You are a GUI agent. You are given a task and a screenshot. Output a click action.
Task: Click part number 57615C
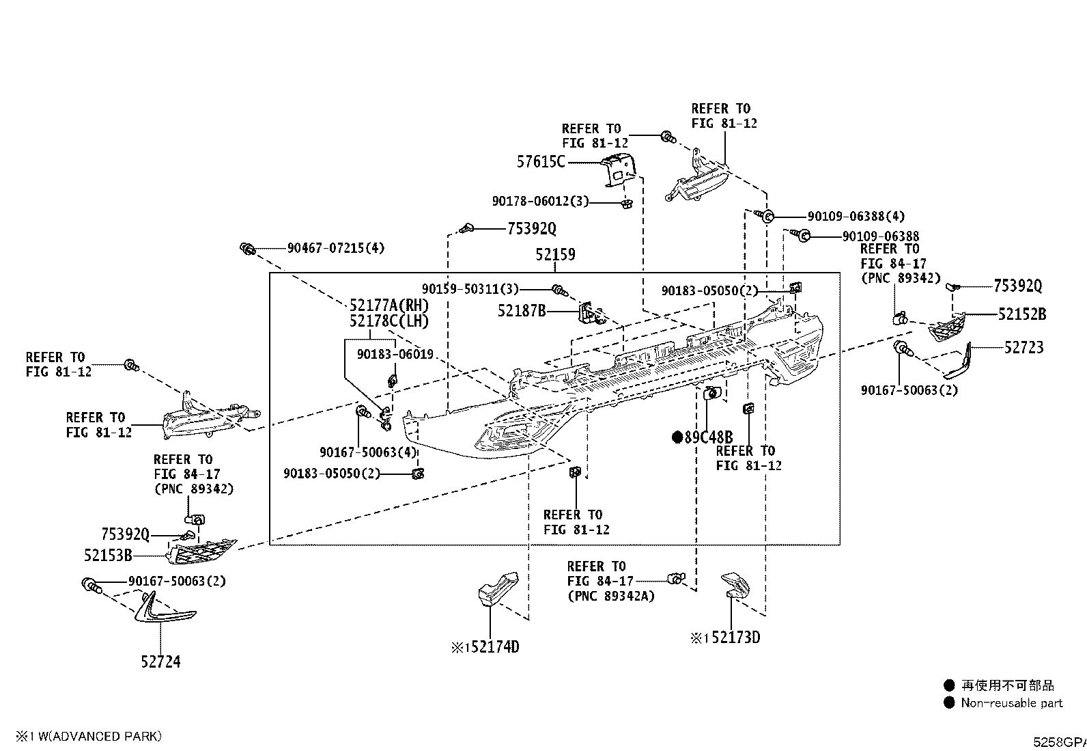coord(541,162)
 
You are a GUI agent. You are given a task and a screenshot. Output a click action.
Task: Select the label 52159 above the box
coord(555,254)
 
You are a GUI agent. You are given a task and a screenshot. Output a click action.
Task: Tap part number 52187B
coord(522,310)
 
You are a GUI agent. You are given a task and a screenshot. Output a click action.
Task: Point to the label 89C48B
coord(708,437)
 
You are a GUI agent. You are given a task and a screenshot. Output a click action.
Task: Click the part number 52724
coord(160,661)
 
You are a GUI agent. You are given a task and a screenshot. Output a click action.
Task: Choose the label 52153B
coord(108,556)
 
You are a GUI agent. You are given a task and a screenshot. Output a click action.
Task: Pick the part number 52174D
coord(495,647)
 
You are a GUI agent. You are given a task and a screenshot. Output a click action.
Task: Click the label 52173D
coord(735,638)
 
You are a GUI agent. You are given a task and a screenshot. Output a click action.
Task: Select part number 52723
coord(1024,347)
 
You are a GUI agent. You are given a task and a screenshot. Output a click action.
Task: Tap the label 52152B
coord(1022,314)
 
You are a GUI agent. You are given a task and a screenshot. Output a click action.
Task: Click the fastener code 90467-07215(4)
coord(336,248)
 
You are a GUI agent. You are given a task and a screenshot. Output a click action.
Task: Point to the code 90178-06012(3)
coord(540,201)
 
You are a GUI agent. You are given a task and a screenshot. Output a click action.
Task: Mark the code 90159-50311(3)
coord(470,289)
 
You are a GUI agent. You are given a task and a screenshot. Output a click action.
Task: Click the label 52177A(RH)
coord(389,305)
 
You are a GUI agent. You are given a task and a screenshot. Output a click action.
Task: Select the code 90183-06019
coord(395,354)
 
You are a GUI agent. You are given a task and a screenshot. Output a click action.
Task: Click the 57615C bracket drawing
coord(618,169)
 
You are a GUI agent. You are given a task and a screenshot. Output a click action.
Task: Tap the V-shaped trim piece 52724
coord(162,609)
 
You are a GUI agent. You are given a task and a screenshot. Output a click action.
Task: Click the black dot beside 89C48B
coord(677,437)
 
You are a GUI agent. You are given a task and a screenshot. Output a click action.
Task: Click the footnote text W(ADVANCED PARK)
coord(100,737)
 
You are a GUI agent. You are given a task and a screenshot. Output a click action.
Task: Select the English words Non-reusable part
coord(1012,703)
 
